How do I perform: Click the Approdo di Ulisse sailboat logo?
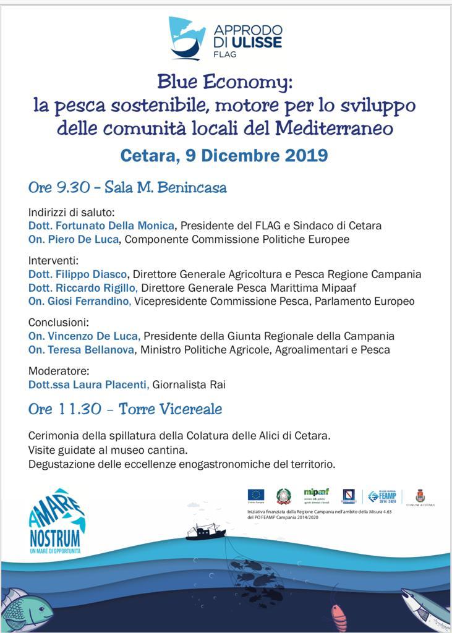187,37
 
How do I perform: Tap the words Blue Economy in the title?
224,82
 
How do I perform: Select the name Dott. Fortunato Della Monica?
102,226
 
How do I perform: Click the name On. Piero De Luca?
73,239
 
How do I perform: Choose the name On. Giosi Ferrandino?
80,301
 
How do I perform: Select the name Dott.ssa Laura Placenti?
88,384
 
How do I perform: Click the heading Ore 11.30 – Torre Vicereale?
125,409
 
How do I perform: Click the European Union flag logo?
256,495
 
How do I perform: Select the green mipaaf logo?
316,493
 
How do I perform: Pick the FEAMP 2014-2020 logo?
382,496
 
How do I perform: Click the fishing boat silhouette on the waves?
206,530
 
